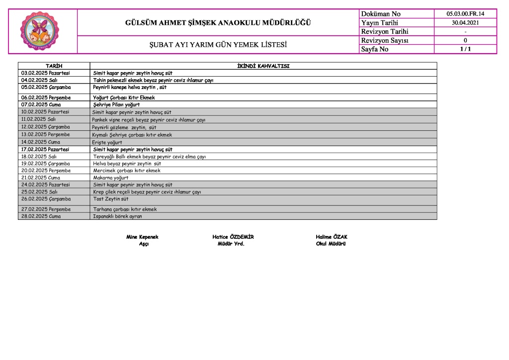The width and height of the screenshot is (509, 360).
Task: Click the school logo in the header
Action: click(42, 32)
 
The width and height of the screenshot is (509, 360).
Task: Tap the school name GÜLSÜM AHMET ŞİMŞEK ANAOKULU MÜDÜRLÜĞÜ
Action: click(218, 23)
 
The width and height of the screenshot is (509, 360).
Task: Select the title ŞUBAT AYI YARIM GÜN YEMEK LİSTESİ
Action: click(219, 45)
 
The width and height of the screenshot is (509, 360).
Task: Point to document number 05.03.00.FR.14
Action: click(465, 14)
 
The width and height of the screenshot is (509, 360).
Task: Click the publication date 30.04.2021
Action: click(465, 23)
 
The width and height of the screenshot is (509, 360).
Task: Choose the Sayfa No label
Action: click(375, 49)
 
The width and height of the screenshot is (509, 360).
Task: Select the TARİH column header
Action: click(54, 66)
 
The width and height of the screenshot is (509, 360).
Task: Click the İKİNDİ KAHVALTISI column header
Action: click(263, 66)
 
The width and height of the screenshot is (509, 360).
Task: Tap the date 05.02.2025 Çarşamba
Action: click(46, 87)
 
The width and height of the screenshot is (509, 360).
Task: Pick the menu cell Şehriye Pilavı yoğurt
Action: click(116, 105)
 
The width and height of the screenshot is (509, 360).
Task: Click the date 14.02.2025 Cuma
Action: click(41, 142)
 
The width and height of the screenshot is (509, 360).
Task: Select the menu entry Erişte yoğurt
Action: click(107, 142)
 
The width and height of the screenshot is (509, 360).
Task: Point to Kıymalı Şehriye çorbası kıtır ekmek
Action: click(132, 135)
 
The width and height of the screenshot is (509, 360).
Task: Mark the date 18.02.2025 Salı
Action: click(39, 157)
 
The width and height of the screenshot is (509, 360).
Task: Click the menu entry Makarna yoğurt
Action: click(111, 178)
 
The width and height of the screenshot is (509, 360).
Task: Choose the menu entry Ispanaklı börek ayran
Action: click(117, 216)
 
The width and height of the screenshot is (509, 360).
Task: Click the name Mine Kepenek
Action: click(142, 237)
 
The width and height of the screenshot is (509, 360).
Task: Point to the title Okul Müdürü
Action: click(331, 244)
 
